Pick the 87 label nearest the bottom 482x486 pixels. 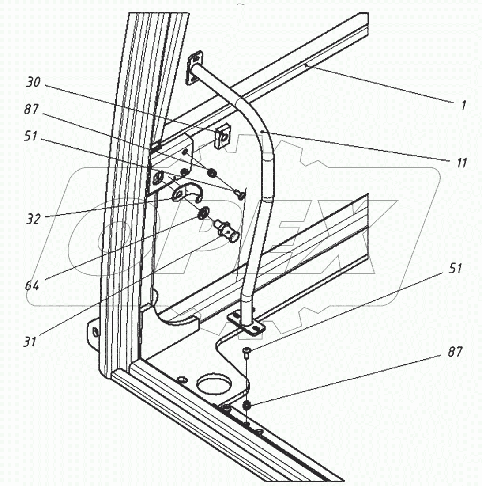pos(455,352)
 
